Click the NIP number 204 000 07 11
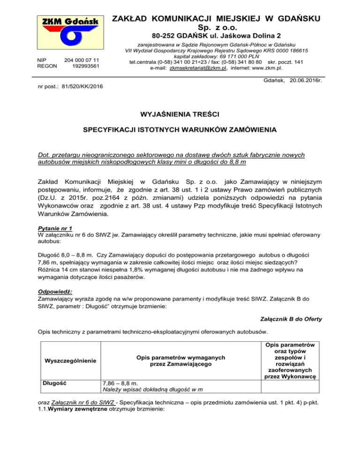click(81, 60)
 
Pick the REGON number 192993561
click(86, 66)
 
